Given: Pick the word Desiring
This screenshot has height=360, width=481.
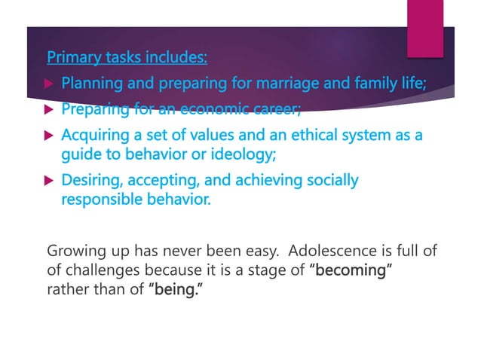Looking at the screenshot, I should (88, 180).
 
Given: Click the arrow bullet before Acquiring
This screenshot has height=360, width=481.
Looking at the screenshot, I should (50, 137).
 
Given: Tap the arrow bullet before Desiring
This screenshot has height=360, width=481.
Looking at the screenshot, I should (50, 181).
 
